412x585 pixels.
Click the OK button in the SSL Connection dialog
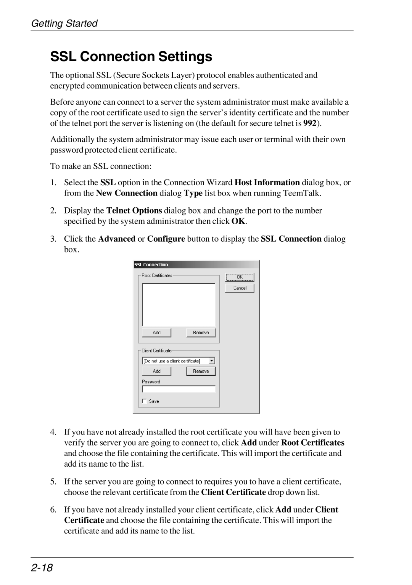point(240,277)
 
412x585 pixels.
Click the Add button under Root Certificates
point(156,333)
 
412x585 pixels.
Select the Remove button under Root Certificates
point(201,333)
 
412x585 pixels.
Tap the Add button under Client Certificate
point(156,371)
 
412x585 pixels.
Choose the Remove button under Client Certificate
point(201,371)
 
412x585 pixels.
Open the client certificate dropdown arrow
point(212,361)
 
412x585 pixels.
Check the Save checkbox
point(145,401)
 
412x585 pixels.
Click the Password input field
point(179,389)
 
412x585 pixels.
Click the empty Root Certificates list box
point(179,304)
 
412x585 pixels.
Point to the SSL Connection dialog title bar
point(196,264)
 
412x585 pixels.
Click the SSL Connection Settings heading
point(131,57)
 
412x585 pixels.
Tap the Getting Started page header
point(64,23)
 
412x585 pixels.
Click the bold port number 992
point(310,123)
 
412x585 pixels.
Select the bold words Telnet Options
point(134,210)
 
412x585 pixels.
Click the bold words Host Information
point(267,183)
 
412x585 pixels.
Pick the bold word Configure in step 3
point(166,239)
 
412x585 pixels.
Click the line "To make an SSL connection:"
point(101,166)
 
